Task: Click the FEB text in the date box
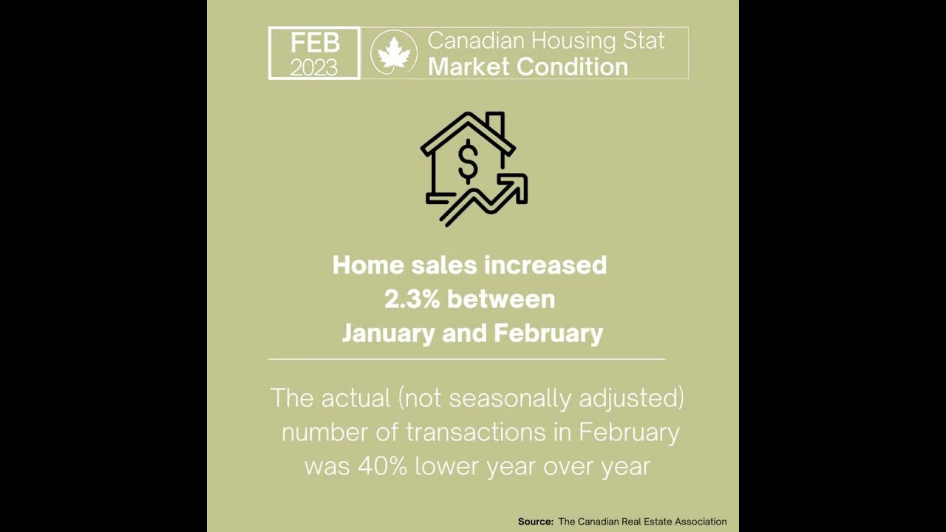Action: tap(315, 42)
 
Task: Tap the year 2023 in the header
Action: tap(314, 67)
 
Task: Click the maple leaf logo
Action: tap(394, 53)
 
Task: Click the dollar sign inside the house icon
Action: tap(468, 162)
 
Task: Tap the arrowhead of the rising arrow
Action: tap(517, 184)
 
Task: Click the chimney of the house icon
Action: tap(495, 124)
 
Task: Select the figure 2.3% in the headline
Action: tap(412, 299)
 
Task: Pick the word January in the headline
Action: tap(389, 333)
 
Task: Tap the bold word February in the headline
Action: tap(548, 333)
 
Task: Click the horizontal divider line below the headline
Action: tap(466, 359)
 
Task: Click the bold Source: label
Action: tap(535, 522)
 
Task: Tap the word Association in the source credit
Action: tap(700, 522)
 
